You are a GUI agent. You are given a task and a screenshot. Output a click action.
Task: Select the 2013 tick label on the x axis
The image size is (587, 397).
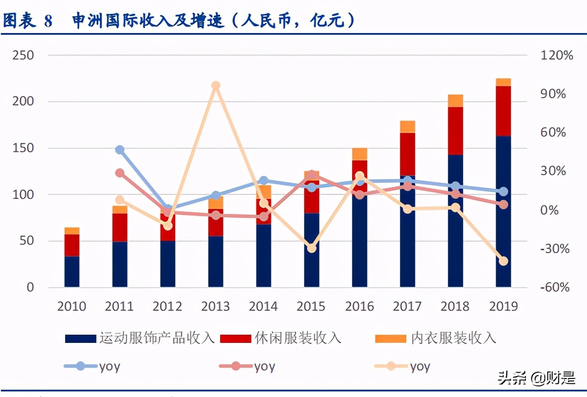216,306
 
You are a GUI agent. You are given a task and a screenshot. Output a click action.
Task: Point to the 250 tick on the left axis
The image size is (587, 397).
23,55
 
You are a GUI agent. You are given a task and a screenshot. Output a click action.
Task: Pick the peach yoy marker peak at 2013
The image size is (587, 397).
216,86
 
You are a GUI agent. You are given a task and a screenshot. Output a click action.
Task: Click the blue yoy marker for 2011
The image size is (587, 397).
120,150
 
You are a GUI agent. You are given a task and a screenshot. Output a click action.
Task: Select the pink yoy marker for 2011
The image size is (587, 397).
120,173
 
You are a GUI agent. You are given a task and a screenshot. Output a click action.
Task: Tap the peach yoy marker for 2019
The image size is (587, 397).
503,261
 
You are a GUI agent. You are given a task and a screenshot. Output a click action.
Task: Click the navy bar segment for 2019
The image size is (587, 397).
503,211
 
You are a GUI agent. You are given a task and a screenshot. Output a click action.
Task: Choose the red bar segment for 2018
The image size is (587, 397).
455,131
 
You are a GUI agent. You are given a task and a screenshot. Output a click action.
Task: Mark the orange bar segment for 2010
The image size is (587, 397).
72,231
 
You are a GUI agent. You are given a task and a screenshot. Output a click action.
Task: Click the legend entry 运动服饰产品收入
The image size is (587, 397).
140,338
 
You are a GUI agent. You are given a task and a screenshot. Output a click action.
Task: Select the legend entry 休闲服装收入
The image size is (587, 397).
281,338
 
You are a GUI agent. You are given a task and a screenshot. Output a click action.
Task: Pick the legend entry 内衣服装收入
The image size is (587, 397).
436,338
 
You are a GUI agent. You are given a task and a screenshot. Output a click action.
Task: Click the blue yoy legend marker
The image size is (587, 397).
81,366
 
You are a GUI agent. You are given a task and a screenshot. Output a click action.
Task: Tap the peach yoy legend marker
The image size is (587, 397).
391,366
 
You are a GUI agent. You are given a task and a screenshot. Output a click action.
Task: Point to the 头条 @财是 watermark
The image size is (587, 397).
536,378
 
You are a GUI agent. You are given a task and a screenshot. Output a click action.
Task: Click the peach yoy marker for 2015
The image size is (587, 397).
311,248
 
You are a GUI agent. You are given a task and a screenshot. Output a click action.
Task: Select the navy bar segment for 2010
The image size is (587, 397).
72,271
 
